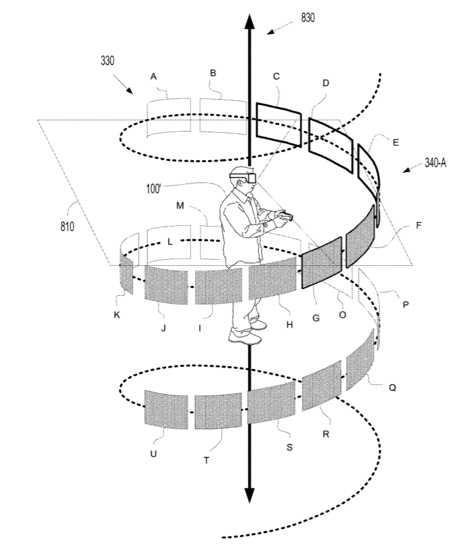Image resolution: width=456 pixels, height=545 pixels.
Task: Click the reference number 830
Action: coord(308,18)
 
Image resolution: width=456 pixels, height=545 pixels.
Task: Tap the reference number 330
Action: coord(108,60)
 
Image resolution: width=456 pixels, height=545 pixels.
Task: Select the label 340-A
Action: coord(435,163)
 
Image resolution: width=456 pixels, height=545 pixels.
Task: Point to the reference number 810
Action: coord(67,227)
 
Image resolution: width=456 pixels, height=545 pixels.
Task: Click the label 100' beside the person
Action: coord(154,189)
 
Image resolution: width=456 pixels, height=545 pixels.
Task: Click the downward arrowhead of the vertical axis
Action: coord(249,495)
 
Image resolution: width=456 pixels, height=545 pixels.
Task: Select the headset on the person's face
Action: coord(244,177)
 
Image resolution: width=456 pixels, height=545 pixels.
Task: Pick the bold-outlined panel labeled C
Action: coord(279,125)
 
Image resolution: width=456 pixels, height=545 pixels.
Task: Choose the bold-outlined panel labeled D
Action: coord(330,146)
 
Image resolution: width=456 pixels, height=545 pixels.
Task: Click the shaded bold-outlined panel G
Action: coord(322,263)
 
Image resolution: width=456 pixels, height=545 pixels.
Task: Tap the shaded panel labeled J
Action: coord(166,285)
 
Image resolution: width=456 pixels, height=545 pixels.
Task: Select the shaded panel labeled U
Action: coord(166,409)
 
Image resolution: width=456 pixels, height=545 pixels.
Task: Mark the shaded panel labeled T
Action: coord(218,412)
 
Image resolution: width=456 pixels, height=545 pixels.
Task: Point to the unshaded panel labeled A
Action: coord(169,118)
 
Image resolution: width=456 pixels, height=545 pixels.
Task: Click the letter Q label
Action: coord(392,387)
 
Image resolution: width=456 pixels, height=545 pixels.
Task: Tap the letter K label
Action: coord(117,314)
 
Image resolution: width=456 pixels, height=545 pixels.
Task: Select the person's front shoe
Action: coord(245,336)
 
